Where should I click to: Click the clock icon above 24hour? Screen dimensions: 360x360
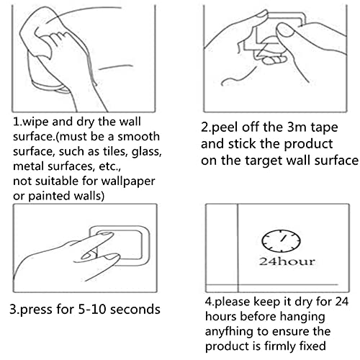(281, 241)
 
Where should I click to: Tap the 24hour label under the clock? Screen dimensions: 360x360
(287, 261)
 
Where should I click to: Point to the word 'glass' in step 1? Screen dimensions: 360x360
(146, 152)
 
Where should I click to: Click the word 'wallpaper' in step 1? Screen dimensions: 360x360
(128, 181)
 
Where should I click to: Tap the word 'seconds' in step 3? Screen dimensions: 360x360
(135, 309)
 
